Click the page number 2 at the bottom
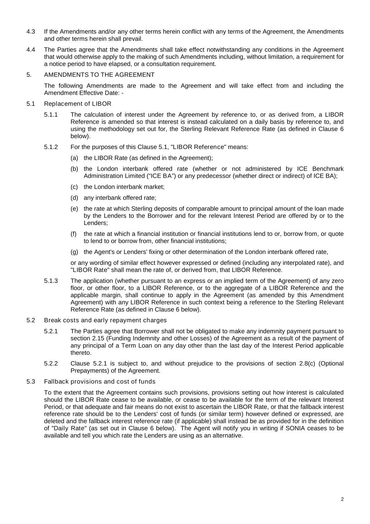pyautogui.click(x=342, y=499)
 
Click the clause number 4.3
pyautogui.click(x=31, y=31)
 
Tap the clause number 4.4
pyautogui.click(x=31, y=50)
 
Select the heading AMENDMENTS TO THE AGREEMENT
pyautogui.click(x=99, y=75)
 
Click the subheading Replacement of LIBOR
pyautogui.click(x=78, y=104)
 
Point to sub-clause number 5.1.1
pyautogui.click(x=51, y=114)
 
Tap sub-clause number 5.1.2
pyautogui.click(x=51, y=147)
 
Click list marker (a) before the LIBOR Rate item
pyautogui.click(x=74, y=158)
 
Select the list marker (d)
pyautogui.click(x=74, y=198)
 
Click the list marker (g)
pyautogui.click(x=74, y=252)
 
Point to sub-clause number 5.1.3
pyautogui.click(x=51, y=281)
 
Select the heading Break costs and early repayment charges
pyautogui.click(x=105, y=320)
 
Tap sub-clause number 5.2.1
pyautogui.click(x=51, y=331)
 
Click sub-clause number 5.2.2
pyautogui.click(x=51, y=364)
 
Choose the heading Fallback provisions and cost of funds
pyautogui.click(x=100, y=382)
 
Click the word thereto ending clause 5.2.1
pyautogui.click(x=81, y=353)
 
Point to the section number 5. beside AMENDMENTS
pyautogui.click(x=29, y=75)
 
